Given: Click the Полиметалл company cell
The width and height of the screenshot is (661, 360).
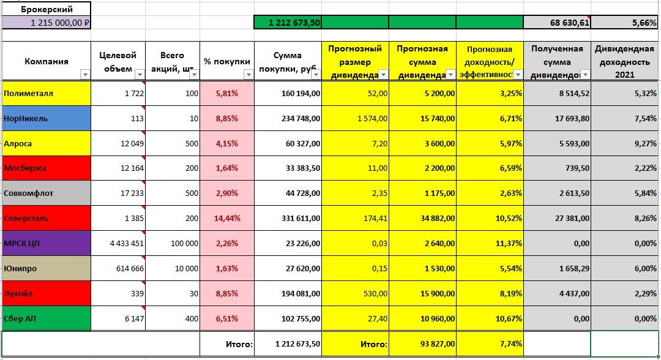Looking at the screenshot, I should [47, 93].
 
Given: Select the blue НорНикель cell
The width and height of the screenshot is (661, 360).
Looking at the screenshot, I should [47, 118].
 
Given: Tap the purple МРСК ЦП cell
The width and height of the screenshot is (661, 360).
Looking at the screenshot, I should [47, 243].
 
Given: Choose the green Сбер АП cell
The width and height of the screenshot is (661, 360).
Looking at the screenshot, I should [47, 318].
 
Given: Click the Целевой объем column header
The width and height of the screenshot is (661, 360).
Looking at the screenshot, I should [118, 61].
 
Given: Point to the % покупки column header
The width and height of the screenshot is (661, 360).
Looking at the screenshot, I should [227, 61].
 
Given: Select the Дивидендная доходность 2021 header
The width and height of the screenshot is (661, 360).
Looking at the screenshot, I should [625, 61].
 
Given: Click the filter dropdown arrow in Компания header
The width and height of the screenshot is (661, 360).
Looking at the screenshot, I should [85, 74].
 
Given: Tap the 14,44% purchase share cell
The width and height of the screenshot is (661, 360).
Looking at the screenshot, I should [227, 218].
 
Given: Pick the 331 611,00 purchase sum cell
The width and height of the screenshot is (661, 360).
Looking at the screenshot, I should [288, 218].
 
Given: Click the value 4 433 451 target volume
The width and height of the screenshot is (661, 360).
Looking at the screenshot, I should [118, 243].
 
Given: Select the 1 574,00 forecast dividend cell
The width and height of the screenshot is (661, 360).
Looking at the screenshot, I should [355, 118].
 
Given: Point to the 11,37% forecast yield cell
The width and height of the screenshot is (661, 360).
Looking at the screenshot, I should [490, 243].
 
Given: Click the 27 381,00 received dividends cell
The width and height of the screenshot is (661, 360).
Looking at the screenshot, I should [557, 218].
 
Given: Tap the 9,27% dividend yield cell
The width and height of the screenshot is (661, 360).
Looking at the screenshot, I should [625, 143].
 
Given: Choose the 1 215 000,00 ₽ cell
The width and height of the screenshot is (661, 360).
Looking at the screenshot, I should [47, 22].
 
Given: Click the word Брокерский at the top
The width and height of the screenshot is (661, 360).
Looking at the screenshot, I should [47, 9].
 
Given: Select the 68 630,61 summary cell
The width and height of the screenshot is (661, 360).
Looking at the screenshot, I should [557, 22].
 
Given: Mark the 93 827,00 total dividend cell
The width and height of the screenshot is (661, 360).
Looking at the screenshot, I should [422, 344].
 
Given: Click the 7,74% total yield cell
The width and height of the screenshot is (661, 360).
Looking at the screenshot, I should [490, 344].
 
